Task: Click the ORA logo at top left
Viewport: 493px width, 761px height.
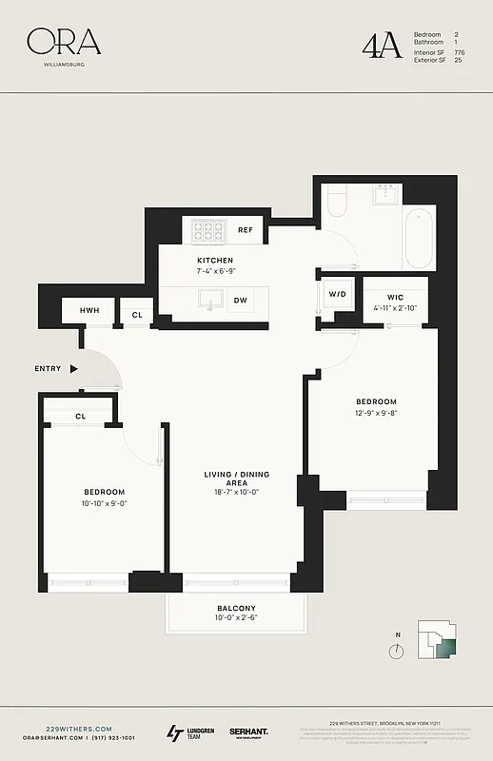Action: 63,41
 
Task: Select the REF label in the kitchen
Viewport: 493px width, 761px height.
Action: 245,230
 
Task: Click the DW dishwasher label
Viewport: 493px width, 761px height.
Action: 242,300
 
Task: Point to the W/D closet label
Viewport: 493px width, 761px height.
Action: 338,294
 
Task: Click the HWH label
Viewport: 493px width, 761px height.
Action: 89,311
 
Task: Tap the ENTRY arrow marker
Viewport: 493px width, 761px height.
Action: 74,368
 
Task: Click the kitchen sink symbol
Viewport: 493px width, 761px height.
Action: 207,300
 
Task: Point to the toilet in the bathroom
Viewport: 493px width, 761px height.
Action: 337,202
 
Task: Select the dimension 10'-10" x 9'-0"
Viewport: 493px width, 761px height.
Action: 104,504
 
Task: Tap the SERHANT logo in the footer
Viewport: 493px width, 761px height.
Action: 248,732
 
